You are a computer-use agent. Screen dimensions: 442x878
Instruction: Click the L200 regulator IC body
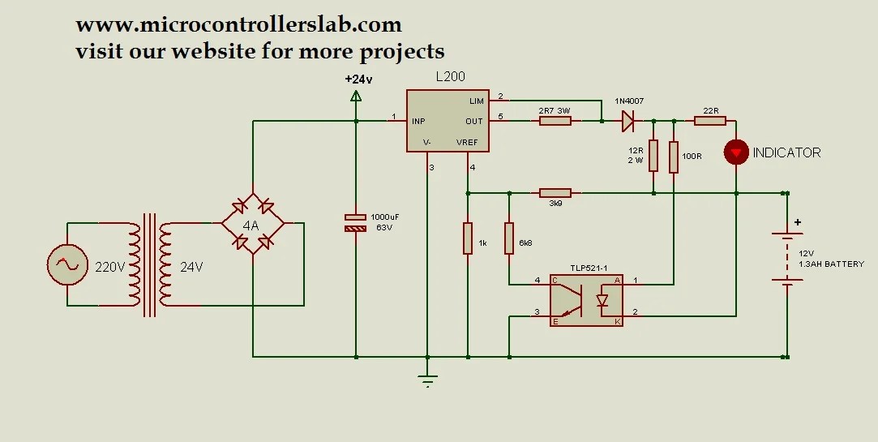tap(447, 121)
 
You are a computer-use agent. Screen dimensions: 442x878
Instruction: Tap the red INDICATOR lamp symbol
tap(736, 152)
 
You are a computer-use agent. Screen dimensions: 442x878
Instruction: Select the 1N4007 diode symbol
tap(628, 121)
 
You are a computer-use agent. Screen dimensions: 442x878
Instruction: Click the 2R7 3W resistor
tap(555, 121)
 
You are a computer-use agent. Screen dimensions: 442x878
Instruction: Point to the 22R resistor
tap(710, 121)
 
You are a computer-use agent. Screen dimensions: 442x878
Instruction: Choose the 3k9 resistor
tap(555, 193)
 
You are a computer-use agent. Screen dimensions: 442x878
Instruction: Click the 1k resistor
tap(468, 238)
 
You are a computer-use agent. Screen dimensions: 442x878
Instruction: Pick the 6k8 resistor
tap(509, 238)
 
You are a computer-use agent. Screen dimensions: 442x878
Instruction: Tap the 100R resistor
tap(673, 157)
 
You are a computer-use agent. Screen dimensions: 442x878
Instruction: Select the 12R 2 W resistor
tap(653, 155)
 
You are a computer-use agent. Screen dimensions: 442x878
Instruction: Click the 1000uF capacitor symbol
tap(356, 223)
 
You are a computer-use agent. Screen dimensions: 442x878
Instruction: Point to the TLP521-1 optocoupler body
tap(586, 299)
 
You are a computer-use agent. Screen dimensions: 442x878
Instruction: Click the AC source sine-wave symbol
tap(66, 264)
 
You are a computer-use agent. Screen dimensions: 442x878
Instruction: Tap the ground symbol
tap(427, 378)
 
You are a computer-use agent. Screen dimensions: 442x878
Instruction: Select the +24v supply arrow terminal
tap(356, 96)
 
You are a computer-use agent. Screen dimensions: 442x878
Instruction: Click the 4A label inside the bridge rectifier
tap(251, 225)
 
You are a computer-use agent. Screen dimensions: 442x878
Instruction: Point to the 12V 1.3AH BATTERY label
tap(831, 259)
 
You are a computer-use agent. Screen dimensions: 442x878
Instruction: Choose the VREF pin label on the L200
tap(467, 142)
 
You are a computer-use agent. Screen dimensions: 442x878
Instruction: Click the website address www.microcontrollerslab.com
tap(238, 25)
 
